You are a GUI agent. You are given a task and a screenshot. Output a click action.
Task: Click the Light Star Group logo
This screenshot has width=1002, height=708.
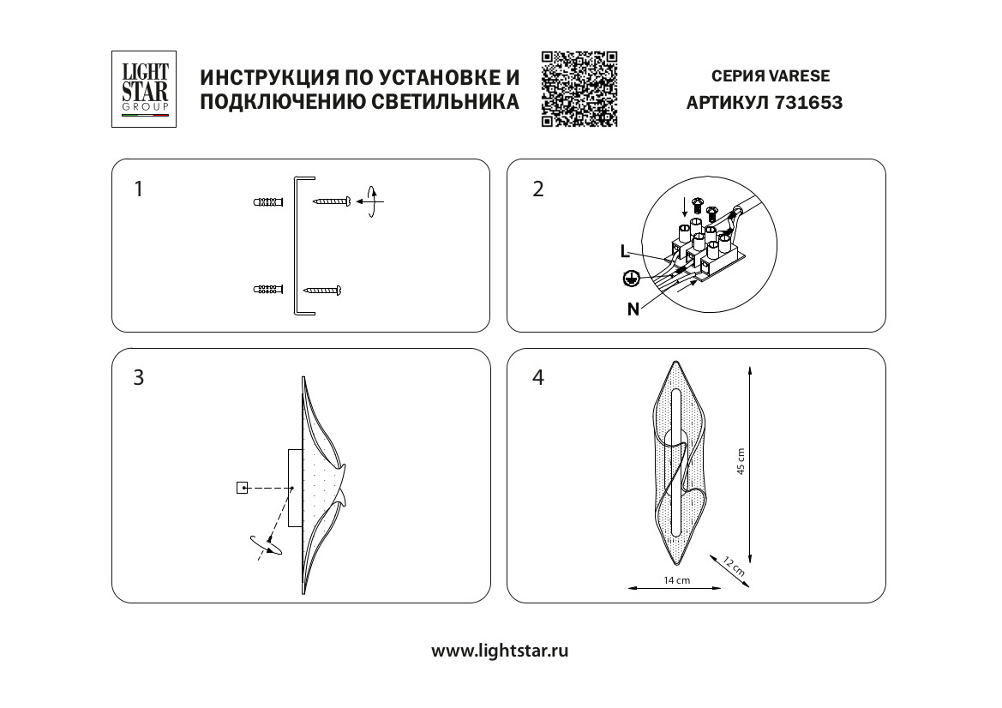click(x=144, y=89)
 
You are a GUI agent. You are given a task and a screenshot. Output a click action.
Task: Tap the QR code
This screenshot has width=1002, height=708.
click(x=579, y=89)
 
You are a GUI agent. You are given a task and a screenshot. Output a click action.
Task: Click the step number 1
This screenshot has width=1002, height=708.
click(x=139, y=189)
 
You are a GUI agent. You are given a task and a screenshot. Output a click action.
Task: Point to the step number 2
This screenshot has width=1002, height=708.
click(x=538, y=189)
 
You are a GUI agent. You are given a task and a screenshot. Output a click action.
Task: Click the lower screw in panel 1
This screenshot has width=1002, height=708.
click(x=323, y=290)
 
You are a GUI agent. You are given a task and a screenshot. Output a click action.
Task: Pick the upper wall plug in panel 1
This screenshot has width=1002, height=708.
click(x=268, y=203)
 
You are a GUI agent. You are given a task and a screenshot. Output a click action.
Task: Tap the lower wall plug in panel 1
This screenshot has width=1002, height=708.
click(x=268, y=290)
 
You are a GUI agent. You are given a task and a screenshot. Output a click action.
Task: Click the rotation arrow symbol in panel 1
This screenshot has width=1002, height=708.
click(x=370, y=202)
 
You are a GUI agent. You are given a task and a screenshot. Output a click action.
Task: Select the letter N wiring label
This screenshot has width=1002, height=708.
click(x=633, y=310)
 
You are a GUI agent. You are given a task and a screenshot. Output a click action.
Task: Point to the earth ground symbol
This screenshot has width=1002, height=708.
click(x=631, y=278)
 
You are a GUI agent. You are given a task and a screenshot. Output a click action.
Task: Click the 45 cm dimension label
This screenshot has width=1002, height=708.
click(x=741, y=462)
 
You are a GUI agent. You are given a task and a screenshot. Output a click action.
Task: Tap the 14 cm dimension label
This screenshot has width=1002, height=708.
click(x=676, y=580)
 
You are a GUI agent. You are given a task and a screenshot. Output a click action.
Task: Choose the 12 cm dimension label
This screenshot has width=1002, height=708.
click(x=735, y=565)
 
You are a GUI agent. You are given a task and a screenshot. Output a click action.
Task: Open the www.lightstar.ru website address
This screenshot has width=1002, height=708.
click(x=500, y=651)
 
